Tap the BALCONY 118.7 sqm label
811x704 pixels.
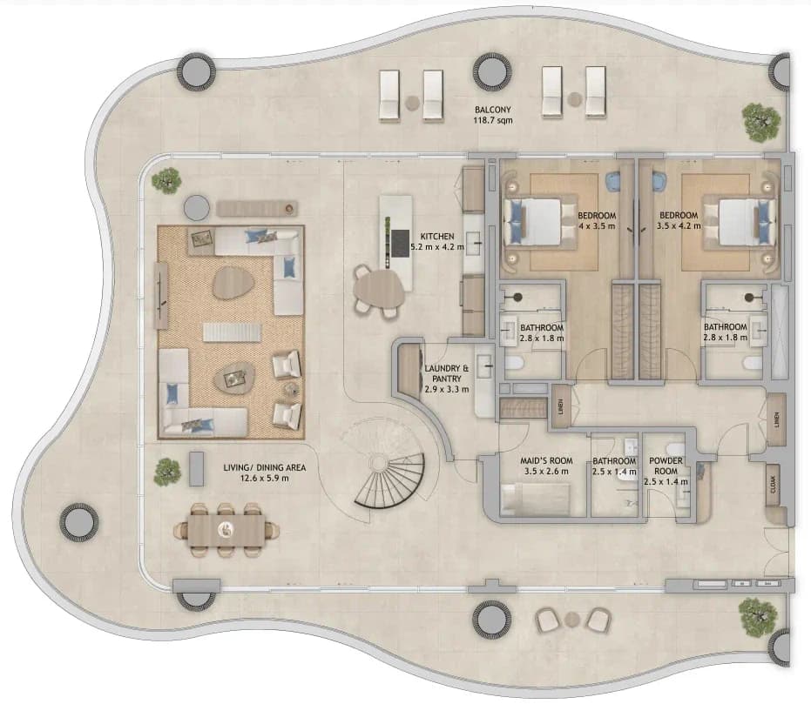tap(493, 115)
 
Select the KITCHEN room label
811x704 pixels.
tap(437, 236)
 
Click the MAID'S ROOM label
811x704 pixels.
tap(546, 460)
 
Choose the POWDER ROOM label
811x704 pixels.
tap(666, 466)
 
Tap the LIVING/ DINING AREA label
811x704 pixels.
tap(264, 467)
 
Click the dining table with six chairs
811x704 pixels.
tap(226, 530)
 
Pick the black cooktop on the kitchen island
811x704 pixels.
tap(399, 242)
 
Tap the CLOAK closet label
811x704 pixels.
tap(774, 484)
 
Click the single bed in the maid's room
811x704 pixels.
tap(536, 500)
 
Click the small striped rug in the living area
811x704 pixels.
tap(231, 332)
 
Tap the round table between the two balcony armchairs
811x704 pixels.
tap(571, 618)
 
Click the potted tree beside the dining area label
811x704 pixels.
tap(167, 472)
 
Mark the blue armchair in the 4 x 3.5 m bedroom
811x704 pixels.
tap(613, 180)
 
